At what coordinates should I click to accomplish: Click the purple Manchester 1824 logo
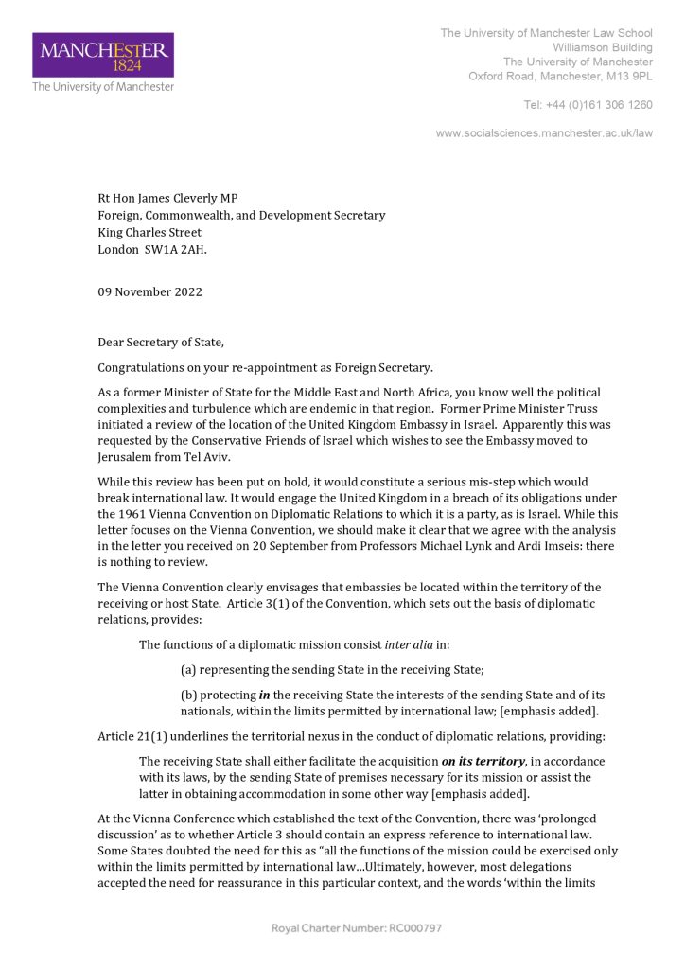(103, 55)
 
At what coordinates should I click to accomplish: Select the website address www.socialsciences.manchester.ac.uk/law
(544, 133)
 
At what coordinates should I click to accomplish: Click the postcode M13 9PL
(629, 76)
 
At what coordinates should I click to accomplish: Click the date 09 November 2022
(149, 291)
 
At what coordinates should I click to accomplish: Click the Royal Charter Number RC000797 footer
(357, 927)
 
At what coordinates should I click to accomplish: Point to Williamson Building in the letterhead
(603, 47)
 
